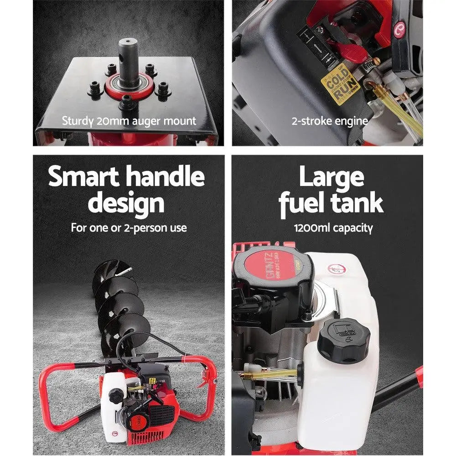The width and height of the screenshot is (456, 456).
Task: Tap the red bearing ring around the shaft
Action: tap(129, 87)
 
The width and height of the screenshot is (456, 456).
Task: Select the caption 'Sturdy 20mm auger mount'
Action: tap(129, 121)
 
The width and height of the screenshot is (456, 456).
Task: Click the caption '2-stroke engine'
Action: tap(330, 121)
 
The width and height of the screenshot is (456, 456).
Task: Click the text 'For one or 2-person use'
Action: tap(129, 228)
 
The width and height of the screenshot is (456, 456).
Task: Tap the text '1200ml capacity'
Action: tap(333, 228)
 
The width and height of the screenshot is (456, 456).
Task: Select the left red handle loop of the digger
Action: tap(55, 392)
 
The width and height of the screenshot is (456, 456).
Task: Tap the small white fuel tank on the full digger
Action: tap(112, 401)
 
